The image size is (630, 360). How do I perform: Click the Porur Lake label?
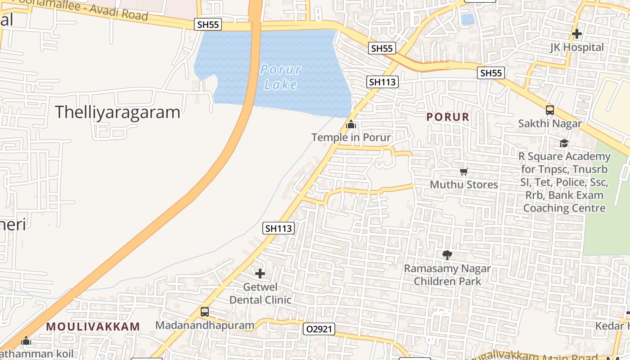pyautogui.click(x=280, y=77)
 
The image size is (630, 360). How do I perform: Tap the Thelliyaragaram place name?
pyautogui.click(x=117, y=112)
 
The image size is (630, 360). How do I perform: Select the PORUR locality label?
pyautogui.click(x=448, y=117)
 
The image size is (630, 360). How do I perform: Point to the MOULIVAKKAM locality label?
pyautogui.click(x=93, y=327)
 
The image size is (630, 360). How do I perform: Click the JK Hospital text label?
pyautogui.click(x=577, y=47)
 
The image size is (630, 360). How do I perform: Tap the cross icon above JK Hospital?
pyautogui.click(x=577, y=34)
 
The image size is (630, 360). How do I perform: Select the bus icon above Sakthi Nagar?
pyautogui.click(x=549, y=110)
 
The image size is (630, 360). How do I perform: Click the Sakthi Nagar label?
pyautogui.click(x=550, y=123)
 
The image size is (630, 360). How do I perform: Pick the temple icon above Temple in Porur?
pyautogui.click(x=351, y=124)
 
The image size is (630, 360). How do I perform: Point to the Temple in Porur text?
pyautogui.click(x=351, y=137)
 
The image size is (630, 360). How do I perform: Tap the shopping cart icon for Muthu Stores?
pyautogui.click(x=464, y=171)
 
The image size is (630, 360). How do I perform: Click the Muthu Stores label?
pyautogui.click(x=464, y=184)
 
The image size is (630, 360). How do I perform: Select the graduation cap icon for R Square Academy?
pyautogui.click(x=564, y=144)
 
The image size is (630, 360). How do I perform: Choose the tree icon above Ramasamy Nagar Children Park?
pyautogui.click(x=447, y=255)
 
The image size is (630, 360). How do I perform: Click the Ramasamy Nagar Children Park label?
pyautogui.click(x=447, y=275)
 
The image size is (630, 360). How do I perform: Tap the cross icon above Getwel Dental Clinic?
pyautogui.click(x=260, y=273)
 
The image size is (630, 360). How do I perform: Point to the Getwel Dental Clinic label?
pyautogui.click(x=261, y=293)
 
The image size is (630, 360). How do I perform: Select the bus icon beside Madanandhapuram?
pyautogui.click(x=205, y=312)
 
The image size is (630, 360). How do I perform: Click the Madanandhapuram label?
pyautogui.click(x=205, y=325)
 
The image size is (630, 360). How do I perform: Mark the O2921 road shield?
pyautogui.click(x=319, y=329)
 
